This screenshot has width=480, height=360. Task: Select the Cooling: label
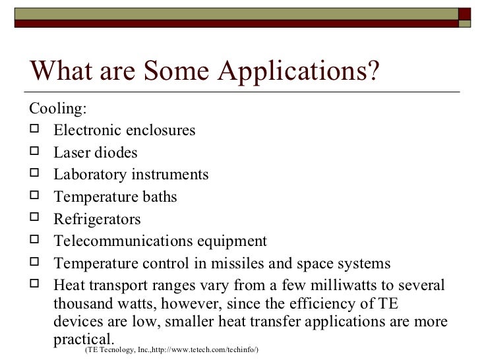58,108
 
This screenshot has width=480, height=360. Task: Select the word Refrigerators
97,220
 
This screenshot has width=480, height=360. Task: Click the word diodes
116,153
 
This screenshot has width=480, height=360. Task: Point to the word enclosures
159,131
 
